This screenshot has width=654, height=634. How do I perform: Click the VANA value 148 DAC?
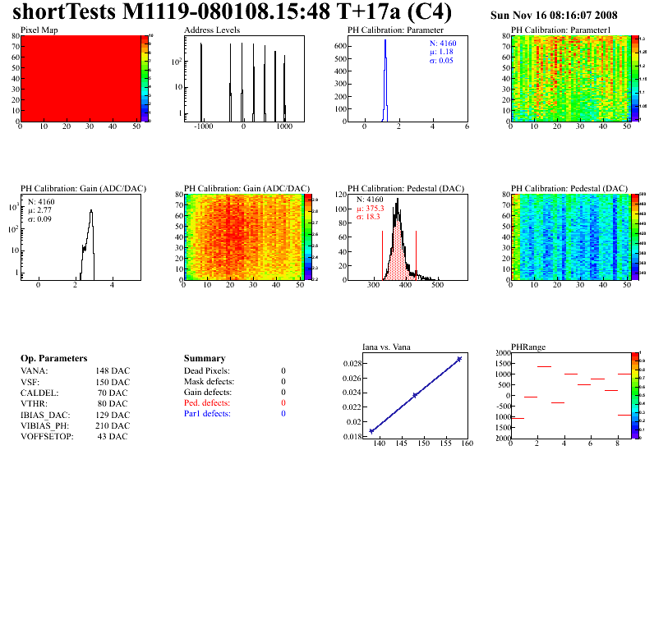point(112,371)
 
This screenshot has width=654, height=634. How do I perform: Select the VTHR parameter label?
point(35,403)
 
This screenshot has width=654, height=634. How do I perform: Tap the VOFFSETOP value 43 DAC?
point(113,436)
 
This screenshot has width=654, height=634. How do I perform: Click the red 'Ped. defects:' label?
point(207,403)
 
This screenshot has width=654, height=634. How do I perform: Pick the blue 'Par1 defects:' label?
point(207,414)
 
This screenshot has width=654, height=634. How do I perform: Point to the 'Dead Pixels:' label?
point(207,371)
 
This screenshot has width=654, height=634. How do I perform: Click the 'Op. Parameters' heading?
point(53,359)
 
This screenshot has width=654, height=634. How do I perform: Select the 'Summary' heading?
point(205,359)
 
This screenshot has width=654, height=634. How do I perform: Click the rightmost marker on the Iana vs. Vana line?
point(459,359)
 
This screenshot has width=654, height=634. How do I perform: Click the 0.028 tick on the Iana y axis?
point(352,363)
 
